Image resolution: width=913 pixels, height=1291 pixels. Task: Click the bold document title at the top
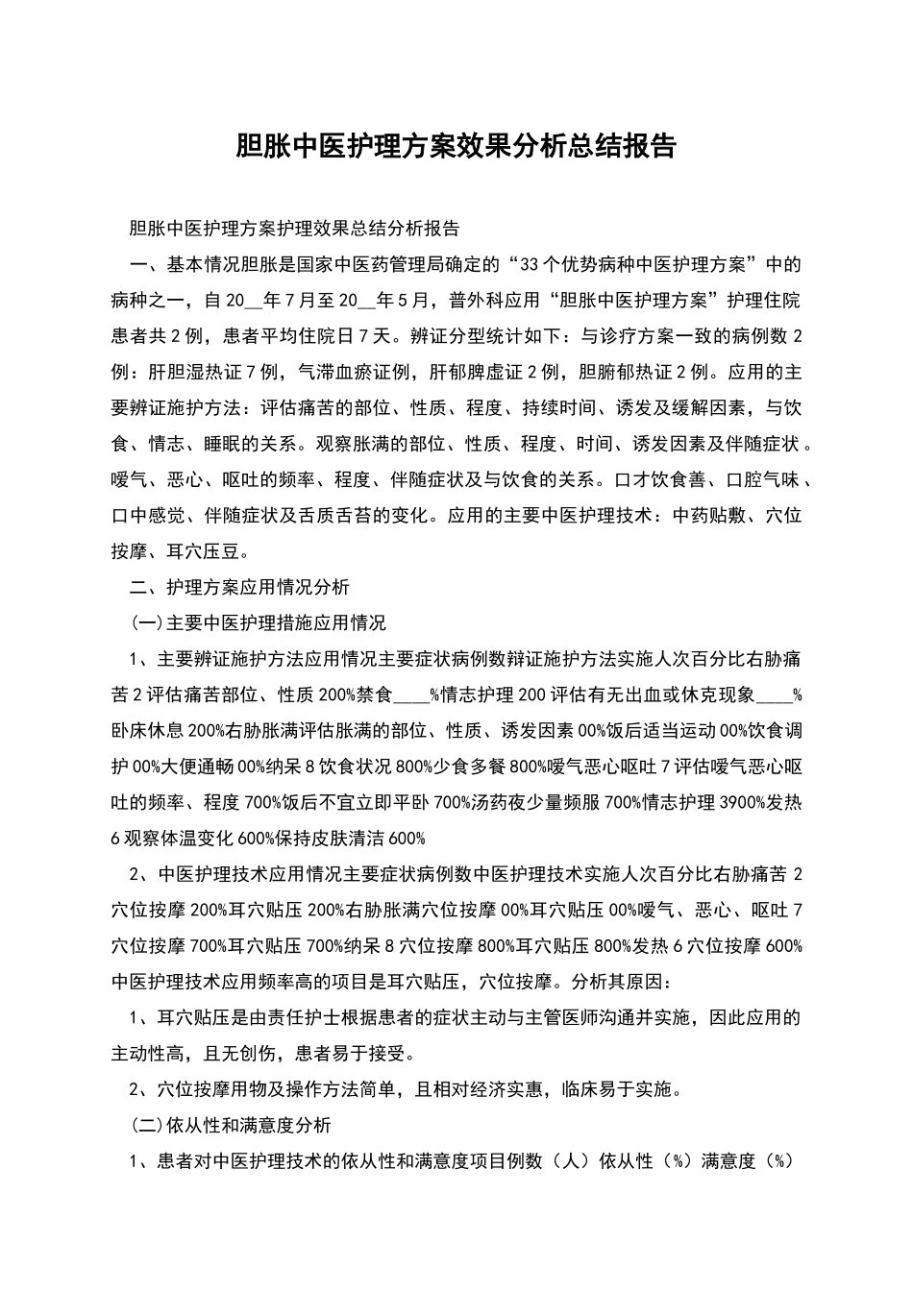[x=456, y=146]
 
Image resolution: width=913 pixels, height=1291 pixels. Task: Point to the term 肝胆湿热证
[x=196, y=372]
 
